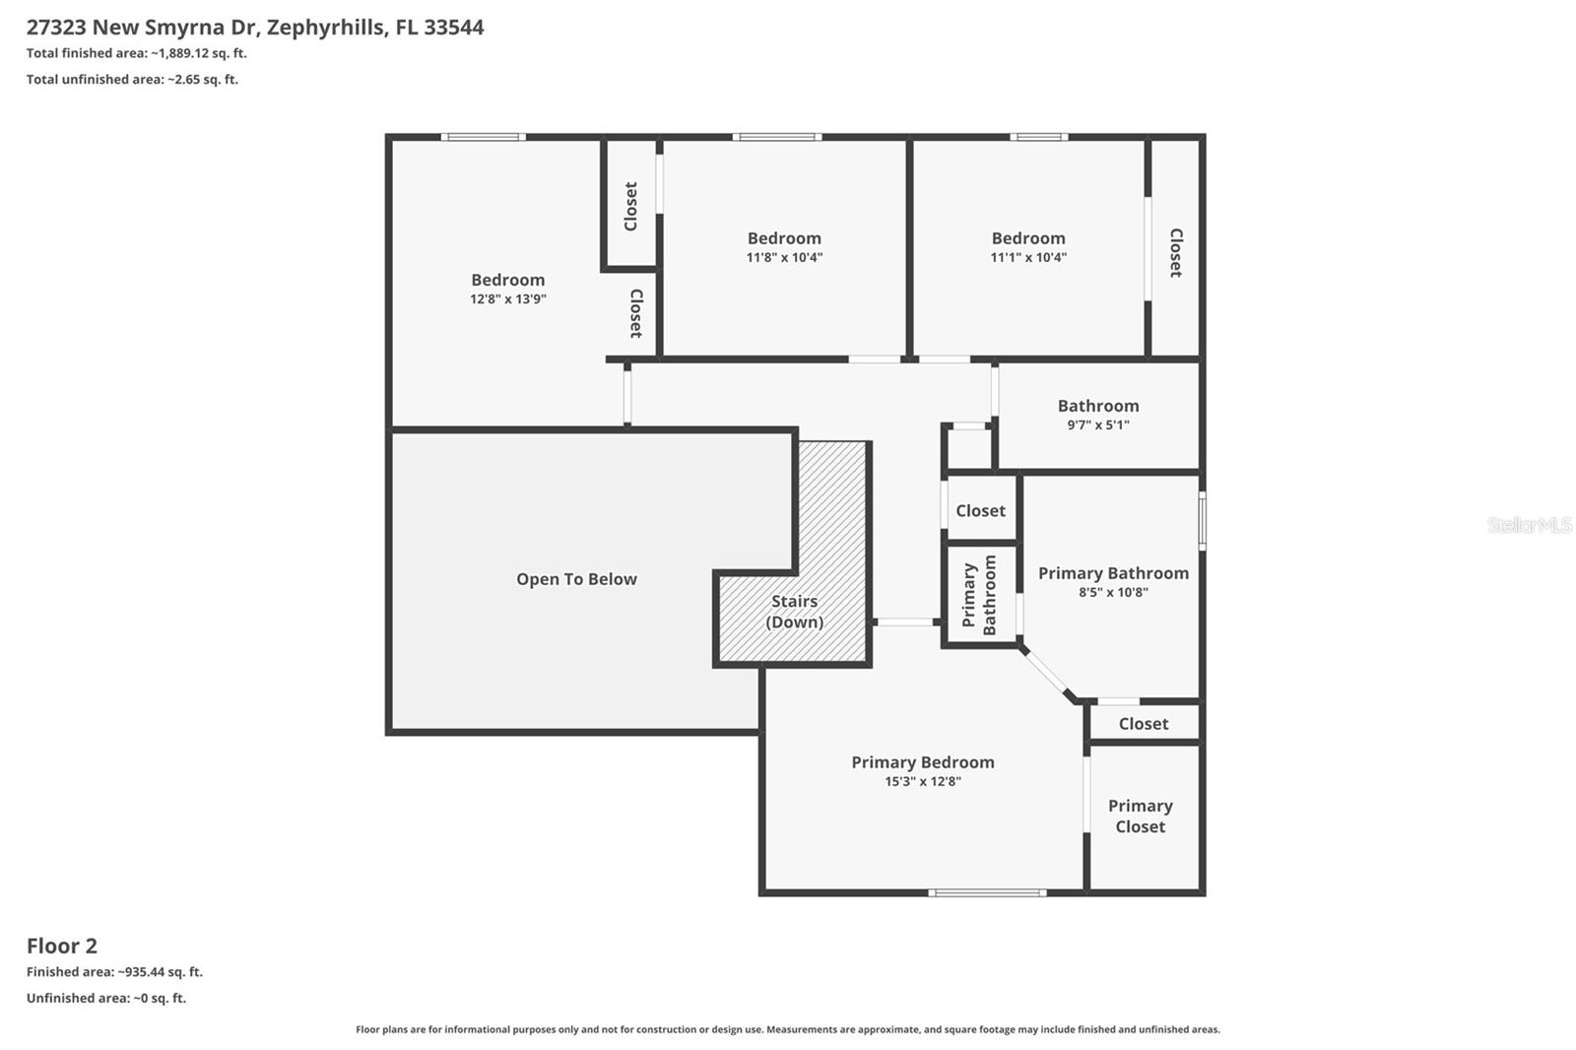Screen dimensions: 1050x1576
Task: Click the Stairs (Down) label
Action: tap(794, 612)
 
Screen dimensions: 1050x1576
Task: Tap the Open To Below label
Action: tap(576, 579)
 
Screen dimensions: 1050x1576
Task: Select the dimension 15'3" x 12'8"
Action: tap(922, 782)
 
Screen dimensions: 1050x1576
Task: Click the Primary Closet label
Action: tap(1140, 817)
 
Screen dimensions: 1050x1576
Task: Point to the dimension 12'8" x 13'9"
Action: tap(507, 299)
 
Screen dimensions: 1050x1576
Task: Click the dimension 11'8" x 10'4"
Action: tap(784, 258)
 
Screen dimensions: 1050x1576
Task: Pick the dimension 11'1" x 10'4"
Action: tap(1028, 258)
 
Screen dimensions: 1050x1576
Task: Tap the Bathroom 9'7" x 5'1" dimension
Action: tap(1097, 426)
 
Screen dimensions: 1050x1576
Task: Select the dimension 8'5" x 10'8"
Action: tap(1113, 593)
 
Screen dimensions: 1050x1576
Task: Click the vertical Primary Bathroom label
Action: tap(979, 595)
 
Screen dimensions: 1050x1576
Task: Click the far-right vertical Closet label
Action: tap(1175, 253)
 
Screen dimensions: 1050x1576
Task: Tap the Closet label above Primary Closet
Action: tap(1143, 724)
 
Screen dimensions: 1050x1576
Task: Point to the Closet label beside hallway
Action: tap(980, 511)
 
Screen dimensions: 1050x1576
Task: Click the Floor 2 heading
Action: tap(62, 947)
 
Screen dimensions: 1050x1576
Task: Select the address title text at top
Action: tap(255, 28)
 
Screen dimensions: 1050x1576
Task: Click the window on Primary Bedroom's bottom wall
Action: tap(987, 893)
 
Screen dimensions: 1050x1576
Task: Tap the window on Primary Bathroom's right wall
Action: tap(1203, 520)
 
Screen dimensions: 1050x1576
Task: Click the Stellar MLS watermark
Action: tap(1529, 525)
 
